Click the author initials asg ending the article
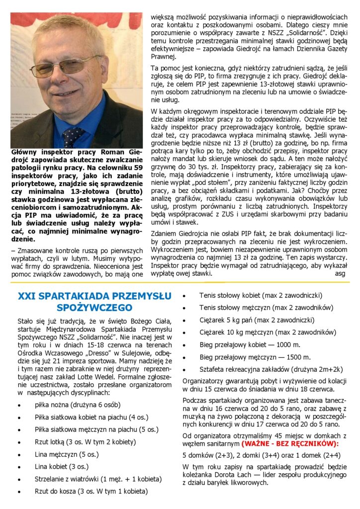pyautogui.click(x=340, y=274)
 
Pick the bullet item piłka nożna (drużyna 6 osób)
pyautogui.click(x=77, y=405)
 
